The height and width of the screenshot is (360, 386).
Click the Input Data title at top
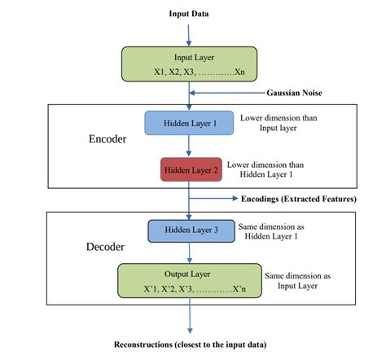point(190,14)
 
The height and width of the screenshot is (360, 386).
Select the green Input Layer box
point(189,64)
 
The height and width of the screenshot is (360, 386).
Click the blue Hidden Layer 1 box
point(189,122)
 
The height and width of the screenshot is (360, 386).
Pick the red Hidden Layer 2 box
point(189,169)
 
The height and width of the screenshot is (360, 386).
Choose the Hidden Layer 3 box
point(189,230)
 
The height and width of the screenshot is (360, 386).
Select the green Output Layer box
point(189,279)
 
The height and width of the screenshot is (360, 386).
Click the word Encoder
point(107,139)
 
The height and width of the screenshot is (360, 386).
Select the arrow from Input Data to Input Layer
point(189,33)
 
